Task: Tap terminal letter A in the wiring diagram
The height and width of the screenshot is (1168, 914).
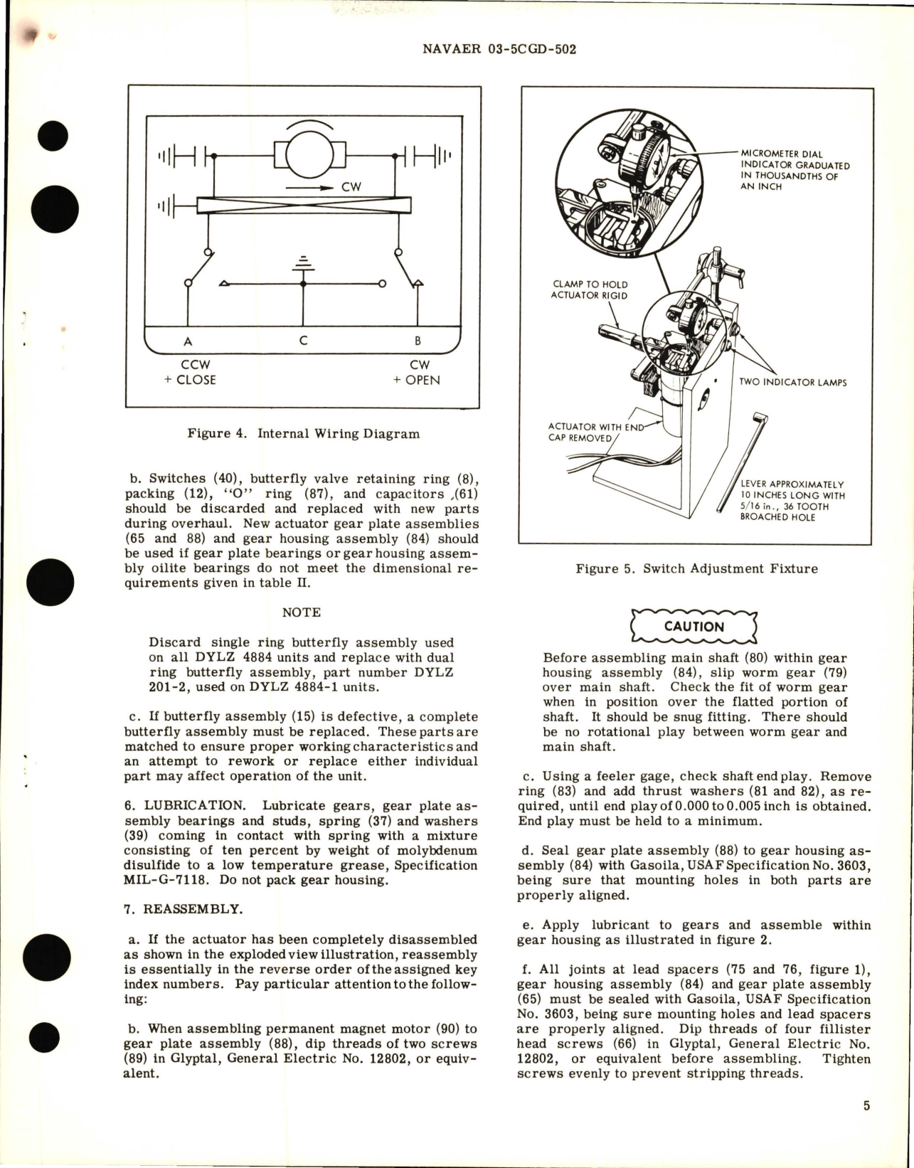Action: click(188, 341)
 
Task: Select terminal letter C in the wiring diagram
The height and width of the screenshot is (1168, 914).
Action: click(304, 341)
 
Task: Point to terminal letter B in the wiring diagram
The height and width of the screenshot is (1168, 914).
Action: click(418, 341)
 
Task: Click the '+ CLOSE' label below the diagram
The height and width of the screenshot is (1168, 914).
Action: click(190, 380)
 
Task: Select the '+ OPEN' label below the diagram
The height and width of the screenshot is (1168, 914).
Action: click(416, 380)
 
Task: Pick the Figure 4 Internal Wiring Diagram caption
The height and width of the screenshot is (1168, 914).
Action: click(303, 433)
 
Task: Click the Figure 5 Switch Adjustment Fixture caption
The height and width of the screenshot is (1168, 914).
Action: click(696, 568)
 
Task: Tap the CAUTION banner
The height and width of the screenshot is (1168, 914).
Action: click(694, 627)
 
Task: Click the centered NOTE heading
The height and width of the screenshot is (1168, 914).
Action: click(302, 612)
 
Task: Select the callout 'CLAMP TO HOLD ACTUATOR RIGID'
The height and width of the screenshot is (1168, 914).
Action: click(590, 290)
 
